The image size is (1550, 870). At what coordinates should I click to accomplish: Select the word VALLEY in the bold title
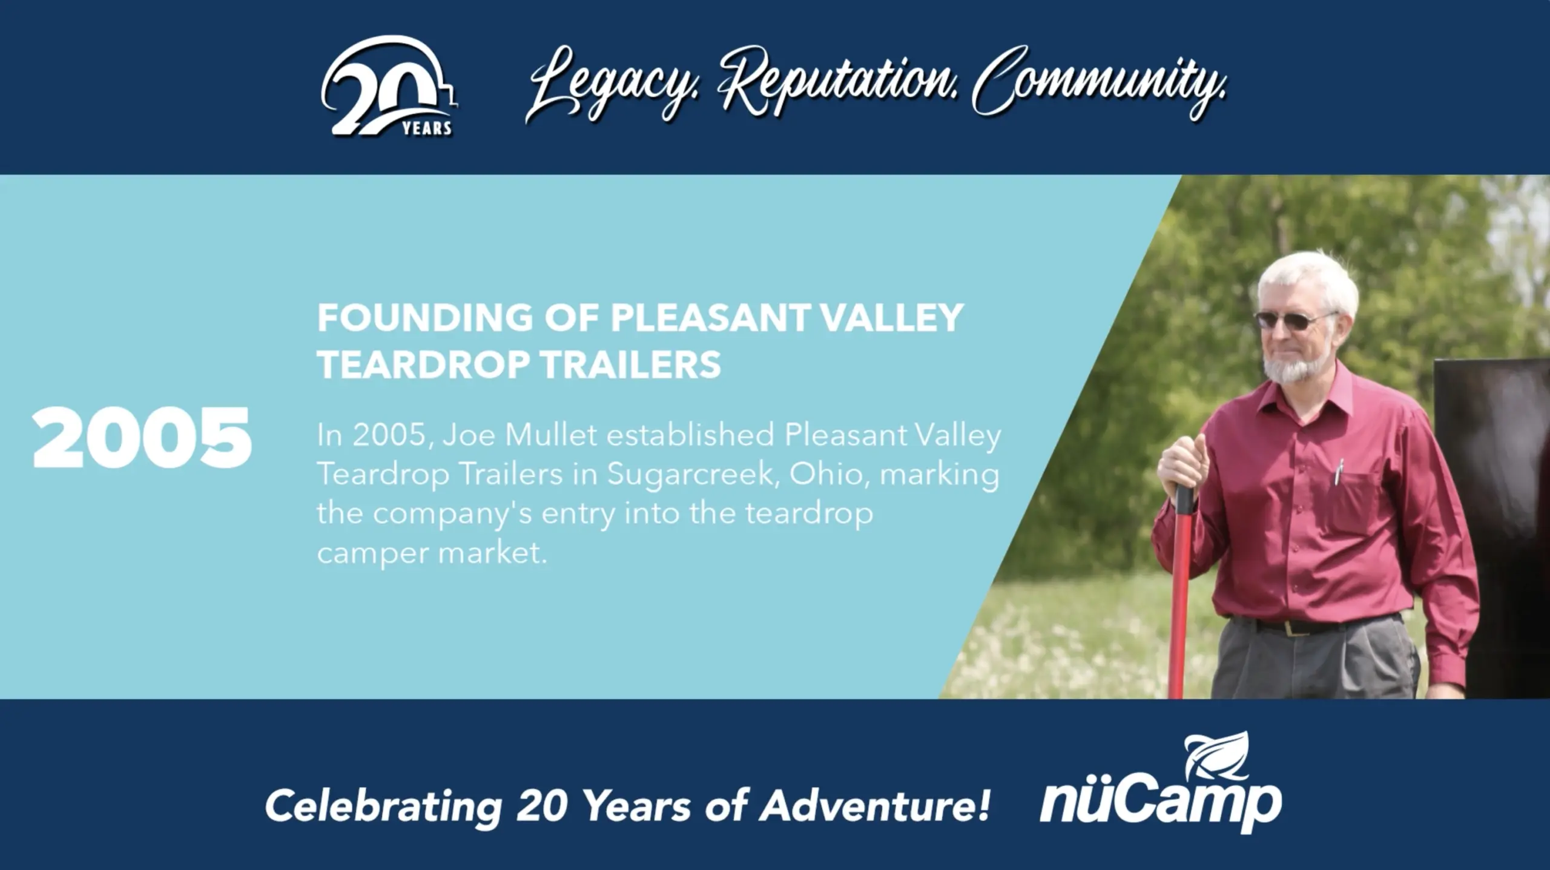(891, 317)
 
